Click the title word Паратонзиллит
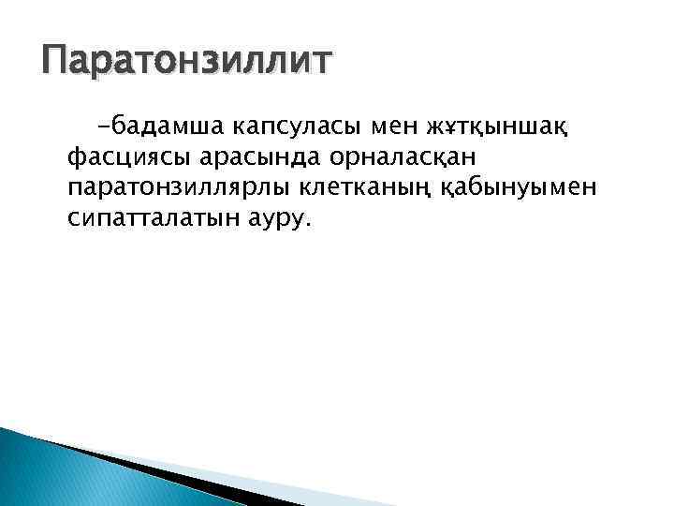click(x=184, y=62)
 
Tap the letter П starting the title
click(x=57, y=62)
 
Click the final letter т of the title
click(x=320, y=62)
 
